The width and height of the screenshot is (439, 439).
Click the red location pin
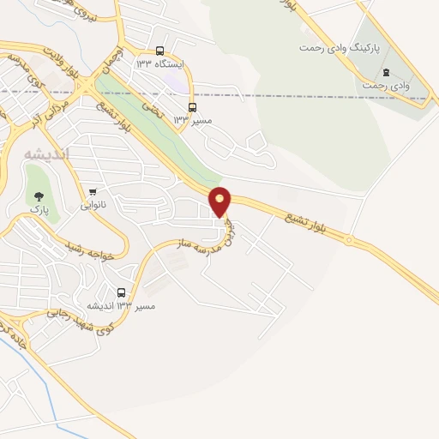coord(220,201)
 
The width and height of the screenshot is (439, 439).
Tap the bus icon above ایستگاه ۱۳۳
coord(159,51)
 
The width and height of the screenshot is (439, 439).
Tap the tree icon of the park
coord(38,196)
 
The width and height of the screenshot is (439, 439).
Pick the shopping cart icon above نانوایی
coord(93,191)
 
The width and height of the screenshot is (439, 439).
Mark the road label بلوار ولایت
coord(84,81)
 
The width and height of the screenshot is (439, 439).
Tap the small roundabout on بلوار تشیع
coord(349,241)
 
